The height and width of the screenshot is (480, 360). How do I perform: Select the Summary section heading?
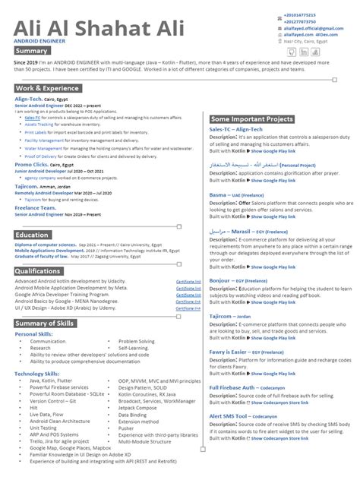pyautogui.click(x=32, y=51)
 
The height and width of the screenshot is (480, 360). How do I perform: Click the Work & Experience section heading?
pyautogui.click(x=48, y=89)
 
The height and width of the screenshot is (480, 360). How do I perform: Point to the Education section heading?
pyautogui.click(x=32, y=235)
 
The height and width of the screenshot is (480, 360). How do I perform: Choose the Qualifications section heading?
pyautogui.click(x=38, y=271)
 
